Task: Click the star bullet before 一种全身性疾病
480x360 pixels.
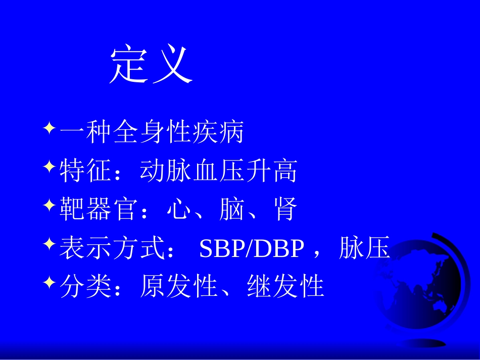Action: (x=49, y=128)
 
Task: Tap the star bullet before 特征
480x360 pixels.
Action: (x=49, y=166)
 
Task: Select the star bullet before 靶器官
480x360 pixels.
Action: (x=49, y=205)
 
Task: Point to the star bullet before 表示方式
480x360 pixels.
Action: (x=49, y=244)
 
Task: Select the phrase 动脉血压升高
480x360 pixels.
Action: (x=218, y=172)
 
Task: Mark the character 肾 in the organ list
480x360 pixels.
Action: (x=285, y=210)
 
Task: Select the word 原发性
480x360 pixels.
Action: (x=178, y=287)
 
